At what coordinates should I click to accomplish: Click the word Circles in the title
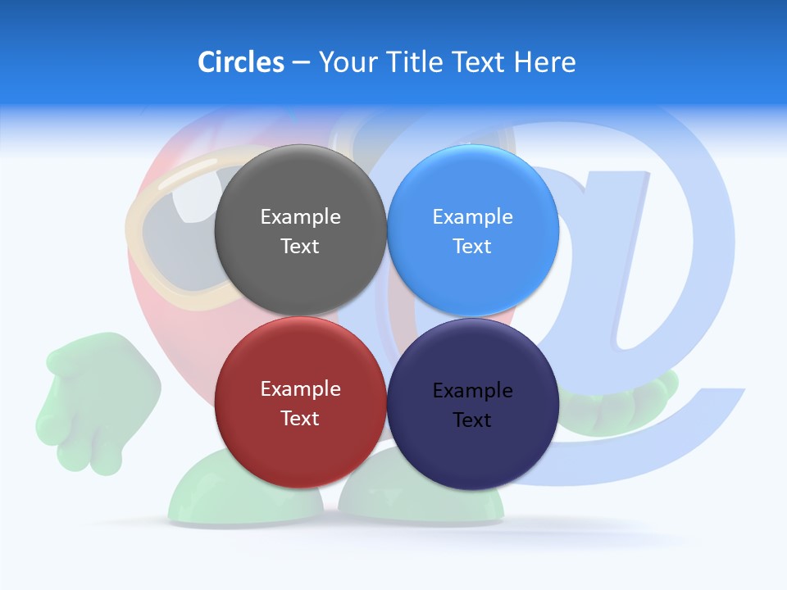[x=240, y=62]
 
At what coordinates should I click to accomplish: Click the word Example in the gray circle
[x=300, y=217]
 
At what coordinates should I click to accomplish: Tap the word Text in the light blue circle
[x=472, y=247]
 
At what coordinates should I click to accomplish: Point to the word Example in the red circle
[x=300, y=389]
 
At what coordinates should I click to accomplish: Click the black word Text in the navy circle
[x=472, y=420]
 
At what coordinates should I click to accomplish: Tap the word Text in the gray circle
[x=300, y=247]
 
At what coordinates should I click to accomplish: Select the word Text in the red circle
[x=300, y=419]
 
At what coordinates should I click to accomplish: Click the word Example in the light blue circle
[x=472, y=217]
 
